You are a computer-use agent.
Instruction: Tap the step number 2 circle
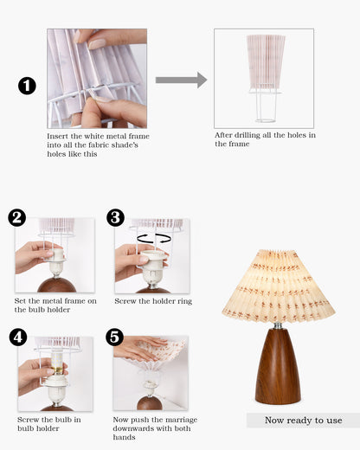coord(17,218)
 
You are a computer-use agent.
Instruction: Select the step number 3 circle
coord(116,218)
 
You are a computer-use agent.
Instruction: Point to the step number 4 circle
coord(17,337)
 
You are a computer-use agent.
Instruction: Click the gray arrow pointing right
coord(181,80)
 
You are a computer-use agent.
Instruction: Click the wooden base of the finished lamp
coord(277,369)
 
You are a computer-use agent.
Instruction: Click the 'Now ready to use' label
coord(303,421)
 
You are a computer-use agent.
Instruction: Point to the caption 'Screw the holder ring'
coord(152,301)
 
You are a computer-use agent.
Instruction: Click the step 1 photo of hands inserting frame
coord(96,78)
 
